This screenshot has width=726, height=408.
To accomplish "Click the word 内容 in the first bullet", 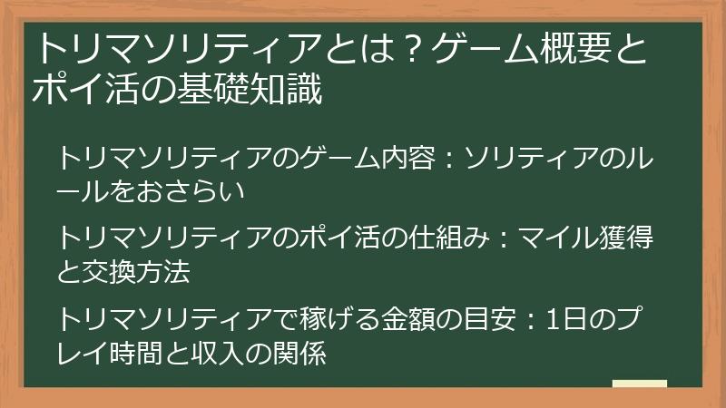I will tap(417, 160).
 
